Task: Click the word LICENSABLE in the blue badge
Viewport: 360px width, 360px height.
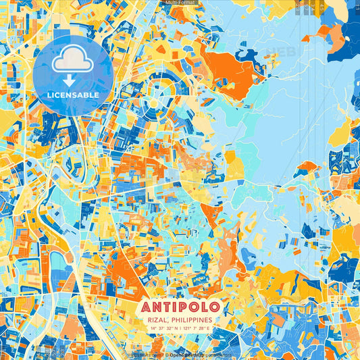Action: (x=73, y=95)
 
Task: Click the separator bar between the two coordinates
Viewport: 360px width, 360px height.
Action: (x=180, y=328)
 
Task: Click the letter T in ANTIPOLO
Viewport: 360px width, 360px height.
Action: (x=163, y=306)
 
